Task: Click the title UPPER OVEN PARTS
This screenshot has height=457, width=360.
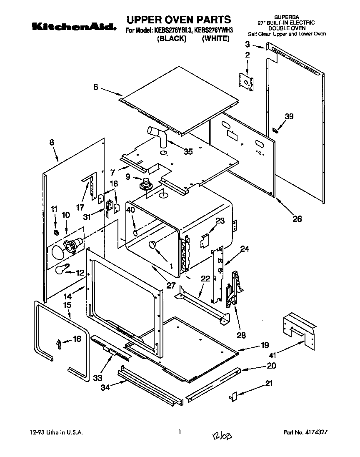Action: click(x=178, y=19)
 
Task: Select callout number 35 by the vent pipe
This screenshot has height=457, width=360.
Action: click(x=187, y=152)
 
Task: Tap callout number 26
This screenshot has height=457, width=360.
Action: click(x=297, y=218)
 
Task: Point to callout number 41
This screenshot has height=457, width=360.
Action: click(x=272, y=356)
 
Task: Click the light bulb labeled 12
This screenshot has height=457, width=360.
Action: click(x=62, y=270)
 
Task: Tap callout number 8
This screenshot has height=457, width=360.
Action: click(x=51, y=142)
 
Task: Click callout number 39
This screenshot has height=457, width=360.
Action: click(x=289, y=117)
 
